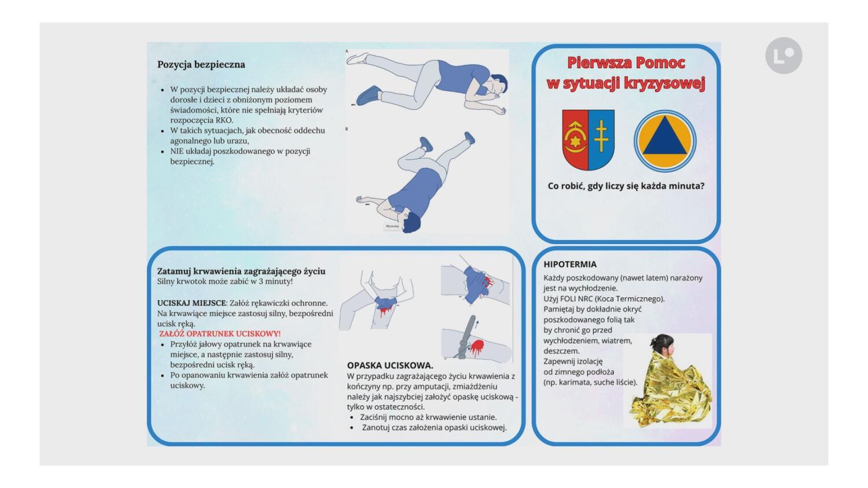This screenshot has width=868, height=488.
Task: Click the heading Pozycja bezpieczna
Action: coord(201,65)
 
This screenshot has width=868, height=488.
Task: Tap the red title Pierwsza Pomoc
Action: coord(626,62)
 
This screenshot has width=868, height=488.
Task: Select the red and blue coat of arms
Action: coord(589,140)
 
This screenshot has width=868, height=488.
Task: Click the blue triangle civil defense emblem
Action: coord(664,141)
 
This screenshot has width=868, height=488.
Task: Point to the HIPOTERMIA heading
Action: coord(569,264)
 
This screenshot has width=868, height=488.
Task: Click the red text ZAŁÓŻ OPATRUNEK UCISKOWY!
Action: coord(220,334)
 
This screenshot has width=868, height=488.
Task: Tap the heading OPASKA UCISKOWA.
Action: coord(390,365)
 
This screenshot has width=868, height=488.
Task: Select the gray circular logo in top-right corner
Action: coord(784,56)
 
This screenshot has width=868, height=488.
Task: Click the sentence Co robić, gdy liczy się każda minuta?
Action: coord(626,186)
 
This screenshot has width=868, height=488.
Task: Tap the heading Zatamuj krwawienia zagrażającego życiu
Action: coord(241,271)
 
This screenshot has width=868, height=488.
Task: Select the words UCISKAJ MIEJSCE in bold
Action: coord(191,303)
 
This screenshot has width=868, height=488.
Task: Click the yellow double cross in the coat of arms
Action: coord(601,136)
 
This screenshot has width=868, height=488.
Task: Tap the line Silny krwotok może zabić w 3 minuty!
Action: coord(225,282)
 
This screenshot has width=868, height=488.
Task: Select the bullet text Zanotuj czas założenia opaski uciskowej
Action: coord(434,427)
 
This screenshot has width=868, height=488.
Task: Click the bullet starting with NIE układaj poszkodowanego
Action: coord(240,156)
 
